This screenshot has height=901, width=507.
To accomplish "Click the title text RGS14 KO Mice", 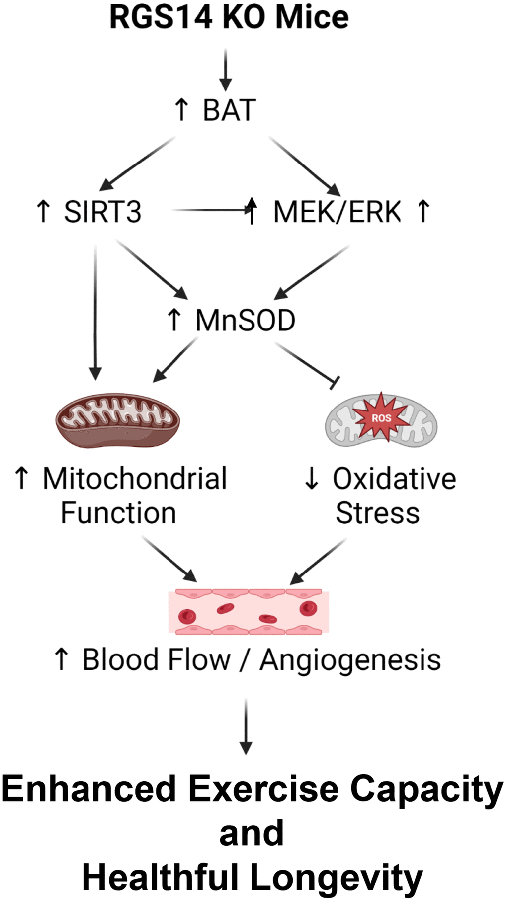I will point(229,18).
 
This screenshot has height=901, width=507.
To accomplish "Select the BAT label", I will point(229,110).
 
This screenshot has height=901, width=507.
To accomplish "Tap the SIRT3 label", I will point(102,212).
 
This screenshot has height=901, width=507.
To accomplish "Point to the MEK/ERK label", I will point(337,212).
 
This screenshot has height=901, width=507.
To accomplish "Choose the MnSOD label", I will point(245,321).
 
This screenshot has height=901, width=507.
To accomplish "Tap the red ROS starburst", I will point(381,417).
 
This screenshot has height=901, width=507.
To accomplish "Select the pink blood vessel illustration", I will point(249,612).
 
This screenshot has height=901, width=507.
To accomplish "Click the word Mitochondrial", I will point(135,479).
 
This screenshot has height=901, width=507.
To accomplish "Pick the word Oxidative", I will point(394,479).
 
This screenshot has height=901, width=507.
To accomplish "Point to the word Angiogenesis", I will point(350,660).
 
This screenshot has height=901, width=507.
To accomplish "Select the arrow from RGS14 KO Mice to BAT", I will point(226,70).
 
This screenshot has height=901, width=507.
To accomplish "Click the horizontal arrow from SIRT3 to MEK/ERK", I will point(211,210).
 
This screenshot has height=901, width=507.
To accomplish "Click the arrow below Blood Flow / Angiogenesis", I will point(246,727).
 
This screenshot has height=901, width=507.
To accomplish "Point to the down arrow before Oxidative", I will point(312,479).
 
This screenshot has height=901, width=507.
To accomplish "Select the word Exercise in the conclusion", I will point(264,789).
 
